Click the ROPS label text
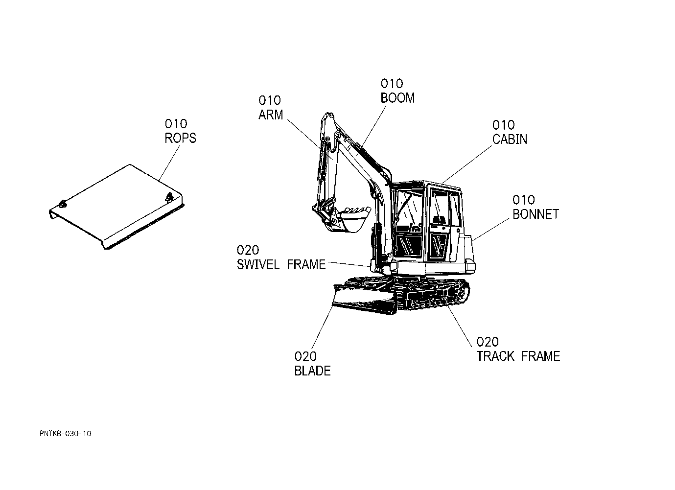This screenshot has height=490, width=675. tap(180, 139)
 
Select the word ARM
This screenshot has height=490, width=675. tap(271, 115)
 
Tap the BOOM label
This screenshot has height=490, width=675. tap(397, 98)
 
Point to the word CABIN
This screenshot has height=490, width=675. tap(510, 139)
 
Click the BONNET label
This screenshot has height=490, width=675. tap(535, 214)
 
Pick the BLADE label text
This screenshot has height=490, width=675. tap(312, 371)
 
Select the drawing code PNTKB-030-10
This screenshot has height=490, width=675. tap(65, 434)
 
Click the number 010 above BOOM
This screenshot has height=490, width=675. tap(392, 84)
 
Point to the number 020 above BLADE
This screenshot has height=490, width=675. tap(305, 356)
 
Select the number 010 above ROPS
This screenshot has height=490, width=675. tap(176, 124)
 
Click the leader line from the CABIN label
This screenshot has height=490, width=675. tap(466, 164)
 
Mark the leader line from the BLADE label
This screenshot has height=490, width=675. tap(322, 327)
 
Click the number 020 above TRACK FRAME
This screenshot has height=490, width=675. tap(487, 342)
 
